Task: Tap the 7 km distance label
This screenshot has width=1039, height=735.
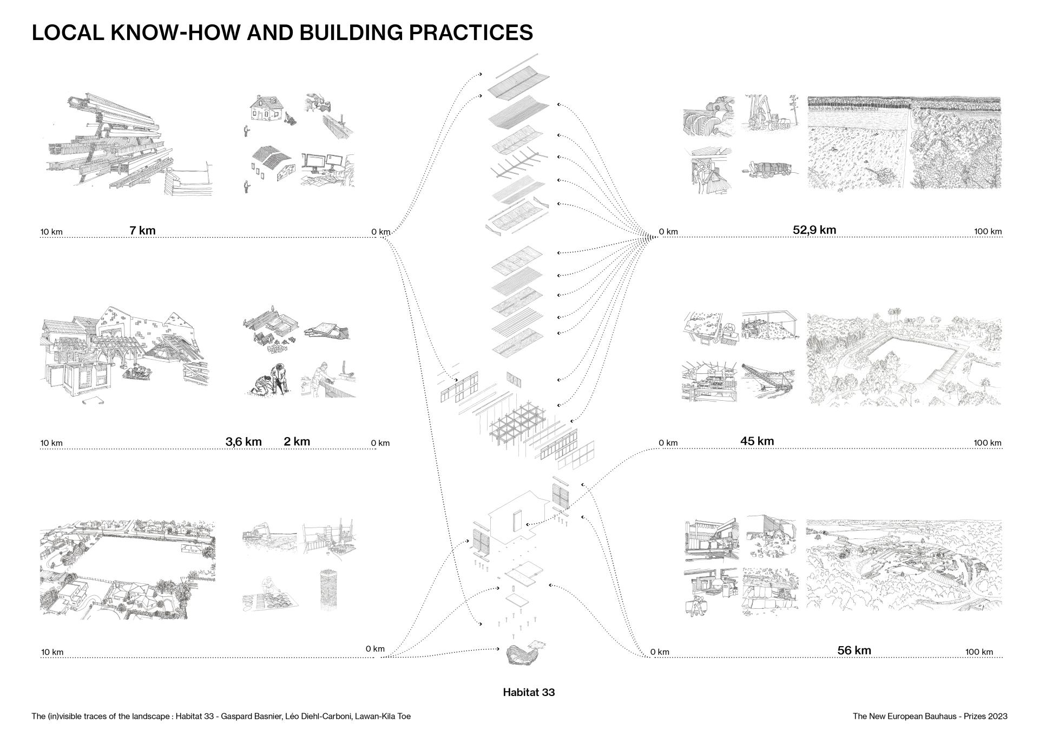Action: coord(142,230)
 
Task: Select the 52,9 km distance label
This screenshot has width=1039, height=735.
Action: coord(814,230)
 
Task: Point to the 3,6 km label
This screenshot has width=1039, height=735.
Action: coord(243,441)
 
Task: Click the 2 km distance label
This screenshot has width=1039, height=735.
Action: coord(297,441)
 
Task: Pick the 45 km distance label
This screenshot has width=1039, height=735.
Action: coord(757,441)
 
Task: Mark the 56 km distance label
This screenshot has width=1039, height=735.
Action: coord(854,650)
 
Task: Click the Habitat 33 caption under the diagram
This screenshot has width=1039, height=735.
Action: coord(529,692)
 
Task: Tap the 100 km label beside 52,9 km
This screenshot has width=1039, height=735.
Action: coord(988,232)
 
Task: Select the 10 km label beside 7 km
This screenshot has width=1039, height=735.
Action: coord(51,232)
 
